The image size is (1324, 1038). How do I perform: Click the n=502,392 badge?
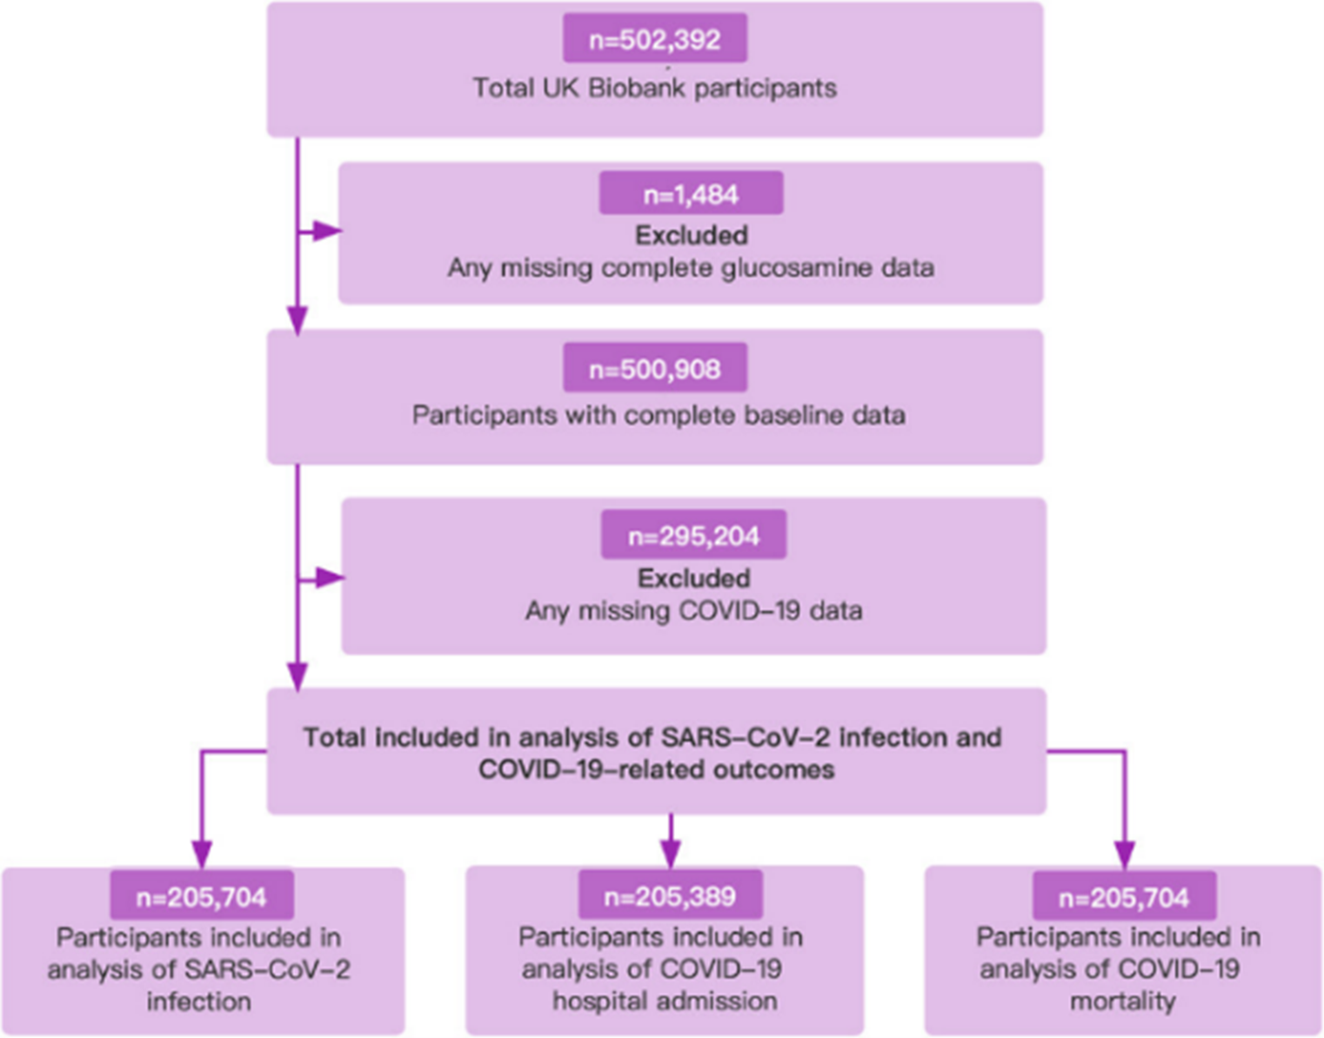654,39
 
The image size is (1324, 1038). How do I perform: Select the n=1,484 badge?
691,193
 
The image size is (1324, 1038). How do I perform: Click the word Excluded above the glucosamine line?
691,235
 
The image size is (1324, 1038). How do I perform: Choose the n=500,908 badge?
654,369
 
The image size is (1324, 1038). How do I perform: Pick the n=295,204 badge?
693,535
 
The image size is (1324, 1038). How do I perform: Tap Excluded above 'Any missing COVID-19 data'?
693,578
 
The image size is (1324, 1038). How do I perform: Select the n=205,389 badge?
670,895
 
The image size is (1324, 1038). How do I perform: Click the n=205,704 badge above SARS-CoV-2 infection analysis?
201,896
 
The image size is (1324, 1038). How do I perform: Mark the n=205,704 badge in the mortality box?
1123,896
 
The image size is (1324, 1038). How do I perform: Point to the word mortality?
1122,1001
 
